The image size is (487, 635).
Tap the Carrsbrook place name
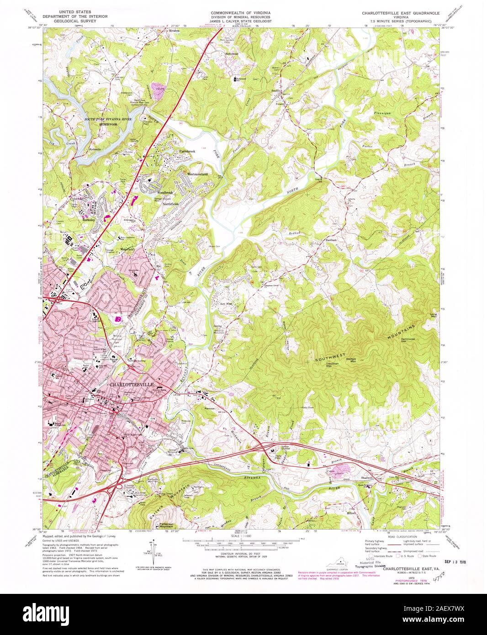(187, 151)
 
